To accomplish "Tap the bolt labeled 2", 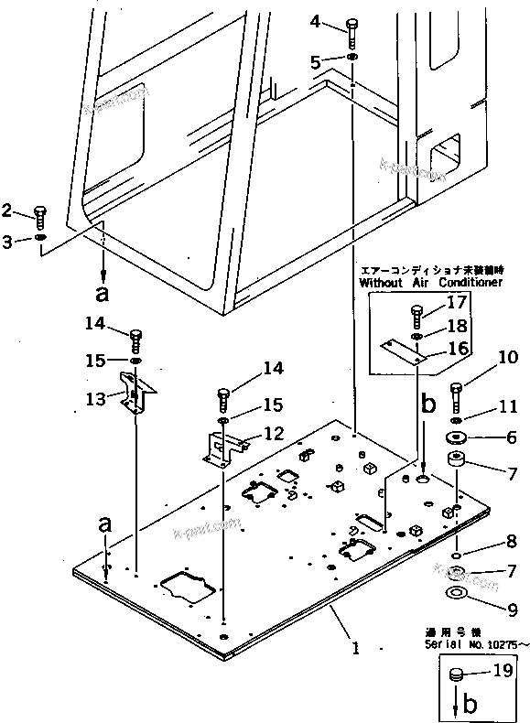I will (x=38, y=216).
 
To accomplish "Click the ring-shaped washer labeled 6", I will (x=457, y=437).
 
